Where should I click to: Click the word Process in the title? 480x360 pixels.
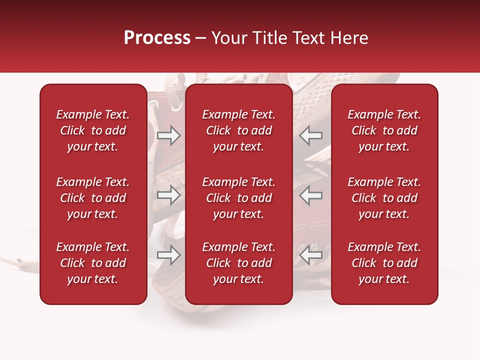(157, 38)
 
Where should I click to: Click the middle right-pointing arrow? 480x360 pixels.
(168, 195)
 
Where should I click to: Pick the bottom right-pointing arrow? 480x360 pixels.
(168, 255)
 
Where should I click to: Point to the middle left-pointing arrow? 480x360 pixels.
(311, 195)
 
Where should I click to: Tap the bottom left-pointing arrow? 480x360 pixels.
(311, 255)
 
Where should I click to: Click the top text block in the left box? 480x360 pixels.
(93, 130)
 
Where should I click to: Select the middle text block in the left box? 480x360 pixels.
(93, 198)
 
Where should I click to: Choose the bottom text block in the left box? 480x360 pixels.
(93, 263)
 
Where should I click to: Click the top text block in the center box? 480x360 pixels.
(239, 130)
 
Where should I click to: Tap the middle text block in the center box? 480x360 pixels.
(239, 198)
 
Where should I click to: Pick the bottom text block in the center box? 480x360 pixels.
(239, 263)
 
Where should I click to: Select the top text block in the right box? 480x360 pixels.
(384, 130)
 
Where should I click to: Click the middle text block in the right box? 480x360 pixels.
(384, 198)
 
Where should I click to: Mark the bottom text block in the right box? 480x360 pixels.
(384, 263)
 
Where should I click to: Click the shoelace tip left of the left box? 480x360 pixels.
(19, 260)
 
